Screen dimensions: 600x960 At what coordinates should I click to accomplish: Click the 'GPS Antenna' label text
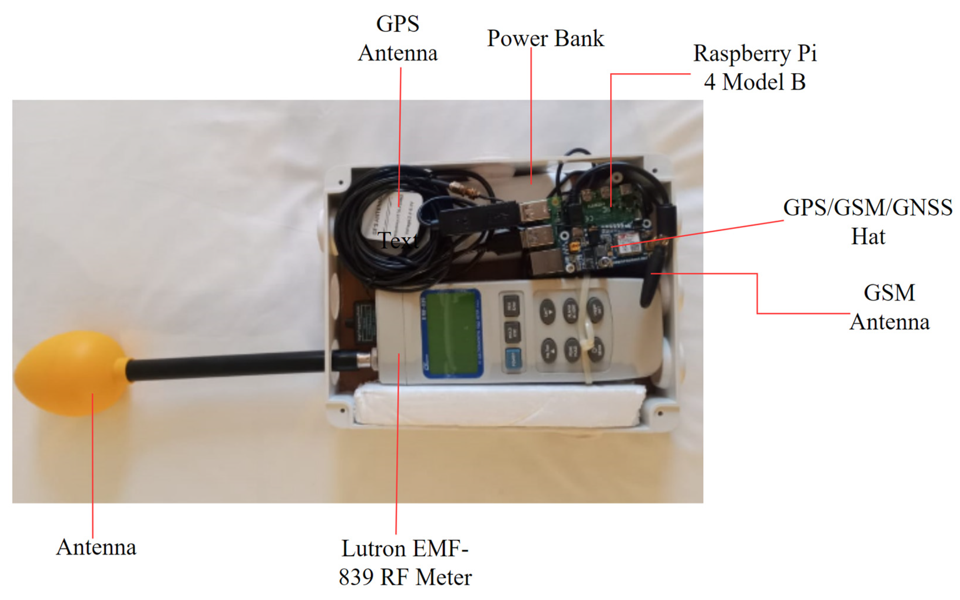[398, 38]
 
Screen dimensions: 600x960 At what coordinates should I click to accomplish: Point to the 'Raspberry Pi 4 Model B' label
[754, 68]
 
